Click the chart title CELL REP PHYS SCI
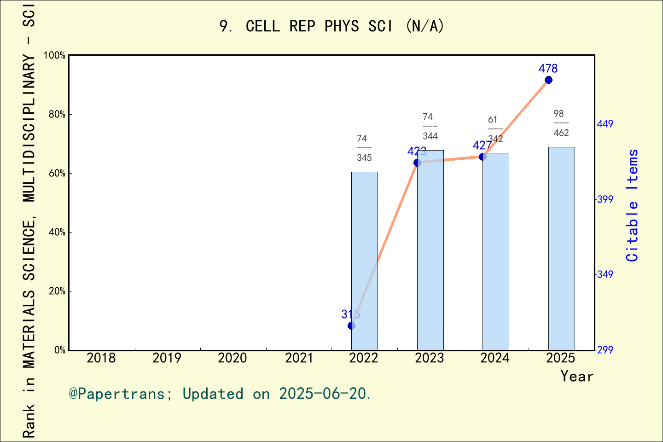coord(331,26)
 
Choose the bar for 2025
coord(561,249)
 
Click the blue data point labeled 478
coord(548,80)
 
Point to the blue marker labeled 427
coord(483,157)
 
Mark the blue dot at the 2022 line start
coord(351,326)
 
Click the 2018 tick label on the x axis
coord(101,358)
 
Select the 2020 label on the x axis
coord(233,358)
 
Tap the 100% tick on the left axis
coord(54,55)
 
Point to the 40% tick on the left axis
coord(57,232)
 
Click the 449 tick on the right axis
coord(605,124)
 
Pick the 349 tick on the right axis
coord(605,274)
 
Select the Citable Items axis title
coord(633,205)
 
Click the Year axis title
coord(577,376)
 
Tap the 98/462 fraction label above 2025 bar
coord(561,123)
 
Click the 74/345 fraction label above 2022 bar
coord(364,148)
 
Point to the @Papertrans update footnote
coord(220,394)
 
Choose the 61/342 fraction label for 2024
coord(495,129)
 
